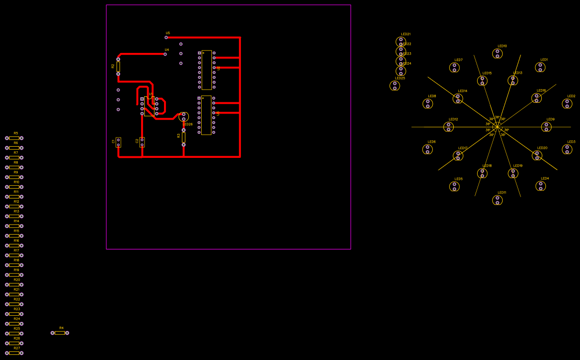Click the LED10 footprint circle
498,53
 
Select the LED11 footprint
498,200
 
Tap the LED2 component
567,104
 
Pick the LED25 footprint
395,86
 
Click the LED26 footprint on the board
184,117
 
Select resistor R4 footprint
60,333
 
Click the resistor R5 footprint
14,138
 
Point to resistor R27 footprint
14,353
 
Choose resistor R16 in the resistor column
14,245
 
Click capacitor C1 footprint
118,143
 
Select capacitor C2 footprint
142,142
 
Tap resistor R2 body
118,67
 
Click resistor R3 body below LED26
184,137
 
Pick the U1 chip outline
149,106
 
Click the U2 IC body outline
206,70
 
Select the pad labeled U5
166,37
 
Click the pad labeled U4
165,54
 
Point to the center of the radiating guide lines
497,127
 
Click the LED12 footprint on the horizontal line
449,127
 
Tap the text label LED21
405,34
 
